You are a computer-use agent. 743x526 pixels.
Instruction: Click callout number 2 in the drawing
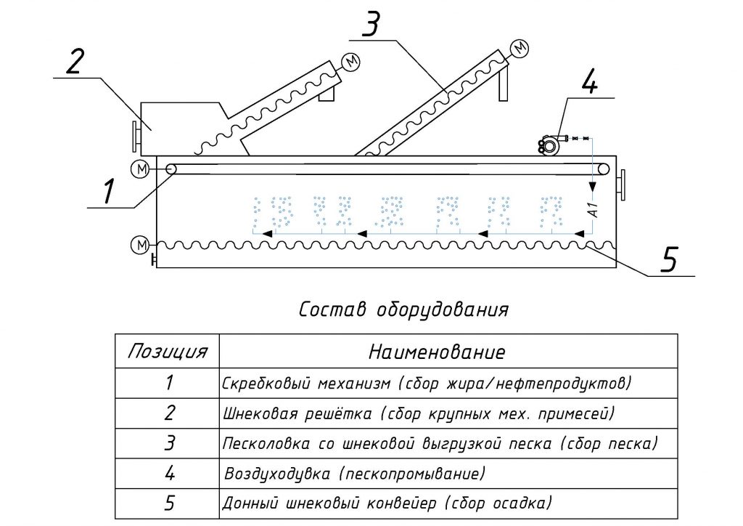pyautogui.click(x=75, y=62)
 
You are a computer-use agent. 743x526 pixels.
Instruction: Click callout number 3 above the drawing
pyautogui.click(x=371, y=24)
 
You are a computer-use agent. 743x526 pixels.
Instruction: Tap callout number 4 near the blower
pyautogui.click(x=589, y=80)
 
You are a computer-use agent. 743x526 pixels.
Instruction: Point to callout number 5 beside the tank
pyautogui.click(x=668, y=259)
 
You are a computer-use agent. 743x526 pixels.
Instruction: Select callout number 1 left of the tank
pyautogui.click(x=109, y=190)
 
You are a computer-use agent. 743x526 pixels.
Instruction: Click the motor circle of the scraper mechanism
pyautogui.click(x=140, y=169)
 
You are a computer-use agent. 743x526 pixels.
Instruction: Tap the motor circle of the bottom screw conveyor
pyautogui.click(x=140, y=245)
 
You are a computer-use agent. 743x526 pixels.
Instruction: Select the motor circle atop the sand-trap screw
pyautogui.click(x=520, y=47)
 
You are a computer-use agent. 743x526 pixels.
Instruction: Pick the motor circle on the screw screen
pyautogui.click(x=351, y=62)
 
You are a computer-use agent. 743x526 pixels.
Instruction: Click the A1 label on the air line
pyautogui.click(x=593, y=209)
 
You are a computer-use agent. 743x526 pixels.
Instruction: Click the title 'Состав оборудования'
pyautogui.click(x=403, y=309)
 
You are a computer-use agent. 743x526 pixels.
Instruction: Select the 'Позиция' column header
pyautogui.click(x=168, y=352)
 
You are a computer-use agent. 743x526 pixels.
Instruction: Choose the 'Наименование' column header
pyautogui.click(x=437, y=352)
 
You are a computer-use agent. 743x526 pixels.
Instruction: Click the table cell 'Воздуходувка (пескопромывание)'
pyautogui.click(x=355, y=474)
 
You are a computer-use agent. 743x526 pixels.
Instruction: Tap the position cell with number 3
pyautogui.click(x=169, y=443)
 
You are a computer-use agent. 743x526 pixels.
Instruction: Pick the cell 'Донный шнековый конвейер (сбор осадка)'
pyautogui.click(x=387, y=503)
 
